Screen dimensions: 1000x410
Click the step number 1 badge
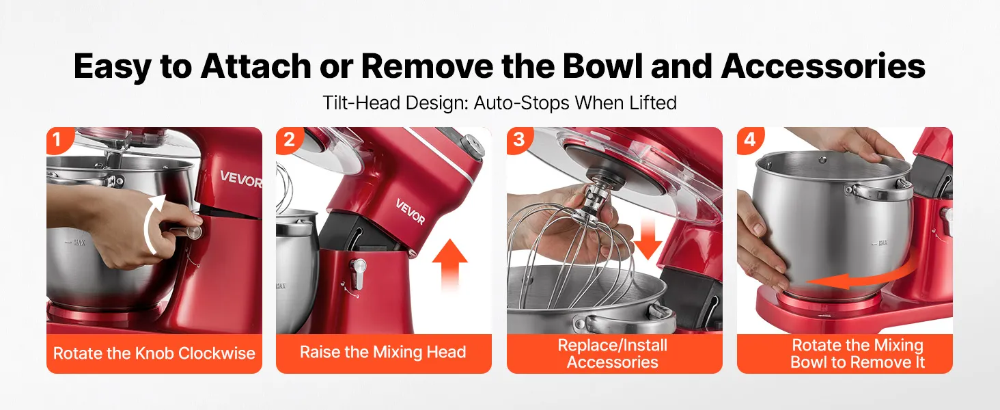tap(58, 139)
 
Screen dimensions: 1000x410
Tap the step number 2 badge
tap(288, 139)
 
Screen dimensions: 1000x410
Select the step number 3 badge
tap(518, 139)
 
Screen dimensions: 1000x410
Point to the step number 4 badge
tap(749, 139)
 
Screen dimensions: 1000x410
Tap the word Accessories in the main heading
tap(823, 66)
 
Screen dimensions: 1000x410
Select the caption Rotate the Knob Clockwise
tap(154, 353)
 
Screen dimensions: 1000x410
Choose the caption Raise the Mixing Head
tap(383, 352)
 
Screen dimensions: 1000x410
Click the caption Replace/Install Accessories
tap(613, 353)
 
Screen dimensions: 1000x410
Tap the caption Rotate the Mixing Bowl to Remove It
tap(857, 353)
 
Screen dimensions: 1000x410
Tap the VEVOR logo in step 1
tap(241, 180)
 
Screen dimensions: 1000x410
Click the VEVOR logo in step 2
tap(411, 212)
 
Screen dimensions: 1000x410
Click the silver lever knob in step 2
tap(358, 273)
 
